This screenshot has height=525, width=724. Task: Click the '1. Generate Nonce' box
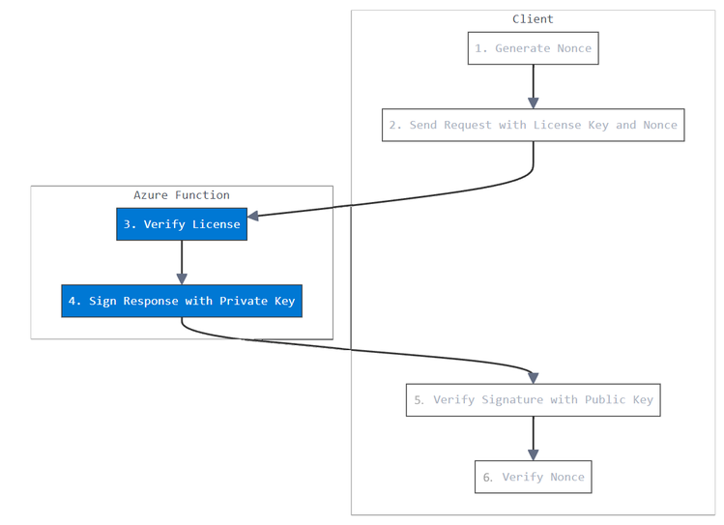(533, 48)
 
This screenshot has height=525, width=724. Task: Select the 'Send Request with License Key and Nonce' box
(533, 126)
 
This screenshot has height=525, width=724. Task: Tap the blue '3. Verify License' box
(182, 224)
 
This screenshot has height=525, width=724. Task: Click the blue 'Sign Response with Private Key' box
(182, 301)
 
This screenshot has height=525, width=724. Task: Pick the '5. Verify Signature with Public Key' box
(533, 399)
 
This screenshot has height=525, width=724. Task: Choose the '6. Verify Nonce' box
(533, 477)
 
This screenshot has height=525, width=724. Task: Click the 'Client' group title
(533, 19)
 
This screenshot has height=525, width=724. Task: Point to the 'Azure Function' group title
(182, 195)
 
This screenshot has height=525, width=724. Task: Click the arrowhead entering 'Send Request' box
(533, 103)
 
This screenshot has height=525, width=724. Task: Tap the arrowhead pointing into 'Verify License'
(255, 216)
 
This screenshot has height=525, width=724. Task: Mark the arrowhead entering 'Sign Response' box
(182, 278)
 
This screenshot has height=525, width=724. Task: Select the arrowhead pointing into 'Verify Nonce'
(533, 454)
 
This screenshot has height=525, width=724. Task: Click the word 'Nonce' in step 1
(572, 48)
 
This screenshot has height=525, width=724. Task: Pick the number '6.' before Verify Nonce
(487, 477)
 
